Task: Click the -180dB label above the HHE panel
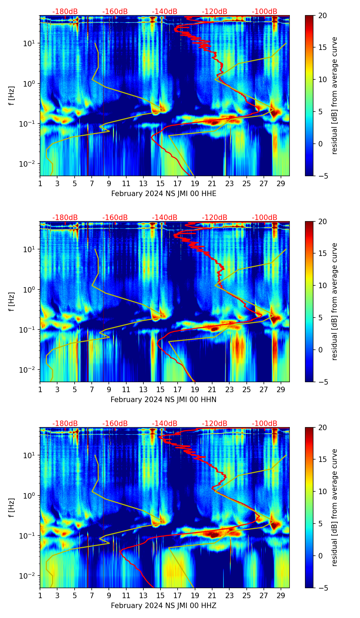click(x=65, y=12)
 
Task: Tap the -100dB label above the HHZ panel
click(x=265, y=424)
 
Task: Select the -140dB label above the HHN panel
click(x=165, y=218)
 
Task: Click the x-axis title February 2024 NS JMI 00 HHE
click(x=164, y=194)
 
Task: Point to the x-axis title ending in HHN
click(x=163, y=400)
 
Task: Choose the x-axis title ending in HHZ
click(x=163, y=606)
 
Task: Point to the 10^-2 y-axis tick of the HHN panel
click(x=30, y=370)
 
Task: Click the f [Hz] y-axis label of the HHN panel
click(x=12, y=301)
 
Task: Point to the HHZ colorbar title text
click(x=334, y=507)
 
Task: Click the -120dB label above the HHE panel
click(x=215, y=12)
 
